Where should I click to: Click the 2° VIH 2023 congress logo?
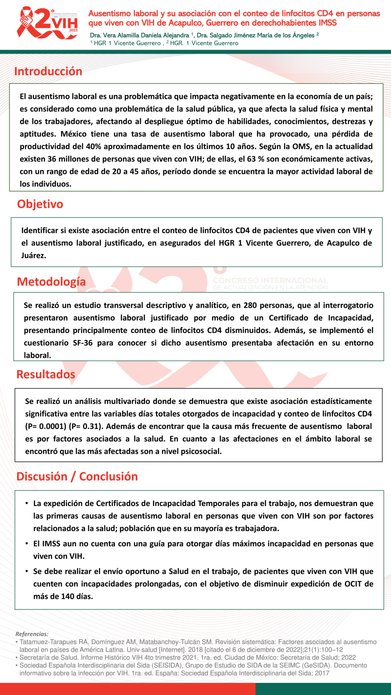47,23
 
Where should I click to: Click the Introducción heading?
48,71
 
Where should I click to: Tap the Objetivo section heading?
40,204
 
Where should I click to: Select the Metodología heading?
51,281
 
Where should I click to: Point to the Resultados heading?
46,374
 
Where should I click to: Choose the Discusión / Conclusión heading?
77,476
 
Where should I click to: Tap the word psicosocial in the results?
201,451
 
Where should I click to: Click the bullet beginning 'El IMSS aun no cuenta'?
203,550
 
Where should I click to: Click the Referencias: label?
32,634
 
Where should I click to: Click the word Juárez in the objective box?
33,256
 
